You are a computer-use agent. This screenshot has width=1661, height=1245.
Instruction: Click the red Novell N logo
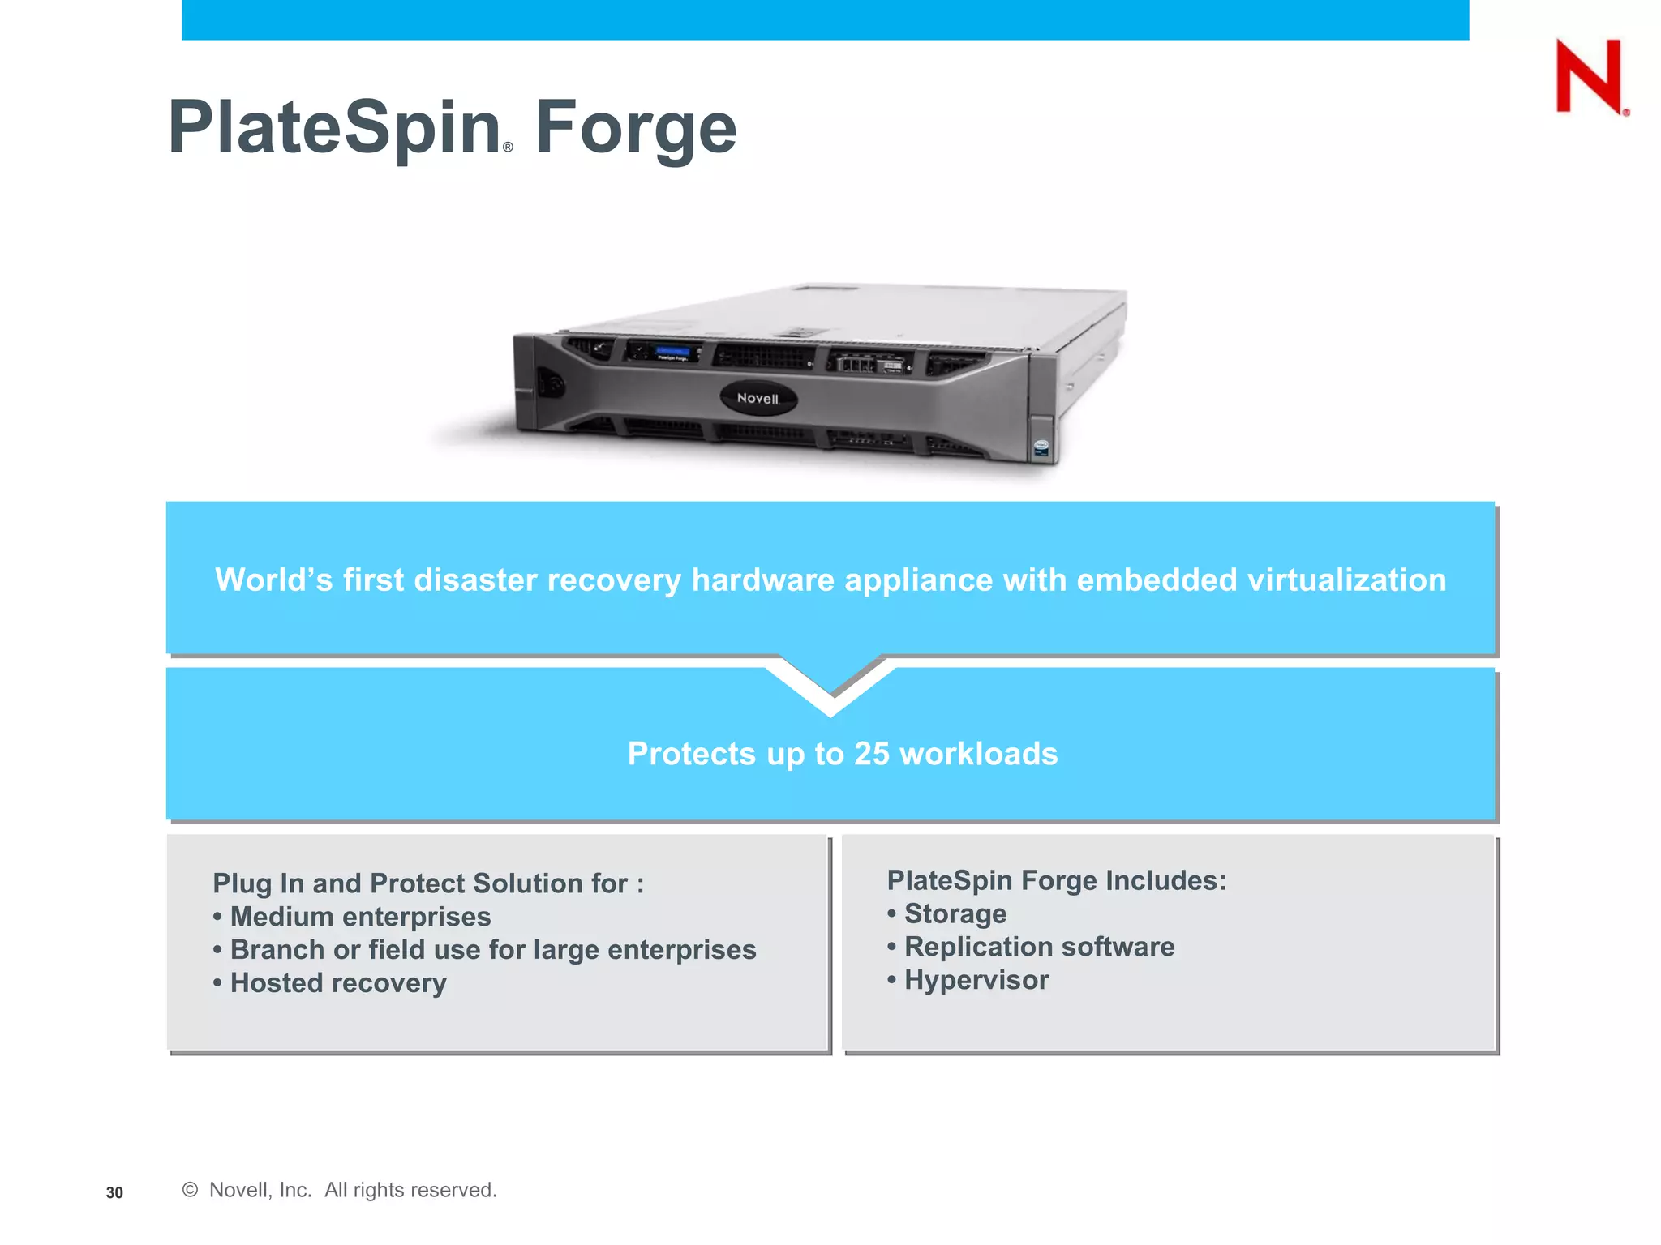1589,76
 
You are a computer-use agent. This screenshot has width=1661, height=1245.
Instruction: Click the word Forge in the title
636,128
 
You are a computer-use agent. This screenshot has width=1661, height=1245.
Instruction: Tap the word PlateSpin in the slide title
334,128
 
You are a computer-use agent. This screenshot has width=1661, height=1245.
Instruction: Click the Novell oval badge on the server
758,398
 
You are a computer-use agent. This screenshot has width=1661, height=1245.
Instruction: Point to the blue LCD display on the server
672,352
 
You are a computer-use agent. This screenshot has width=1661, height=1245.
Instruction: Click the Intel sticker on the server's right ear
1041,447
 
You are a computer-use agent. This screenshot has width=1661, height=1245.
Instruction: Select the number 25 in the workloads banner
871,754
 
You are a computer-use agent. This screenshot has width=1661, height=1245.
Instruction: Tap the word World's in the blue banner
273,580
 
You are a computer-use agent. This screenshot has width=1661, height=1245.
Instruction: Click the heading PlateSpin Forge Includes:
1056,880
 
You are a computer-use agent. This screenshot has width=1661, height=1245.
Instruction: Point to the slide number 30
114,1192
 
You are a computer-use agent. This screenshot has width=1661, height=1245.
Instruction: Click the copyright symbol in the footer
190,1189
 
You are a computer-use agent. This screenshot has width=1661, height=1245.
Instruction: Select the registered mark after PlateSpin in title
508,148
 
